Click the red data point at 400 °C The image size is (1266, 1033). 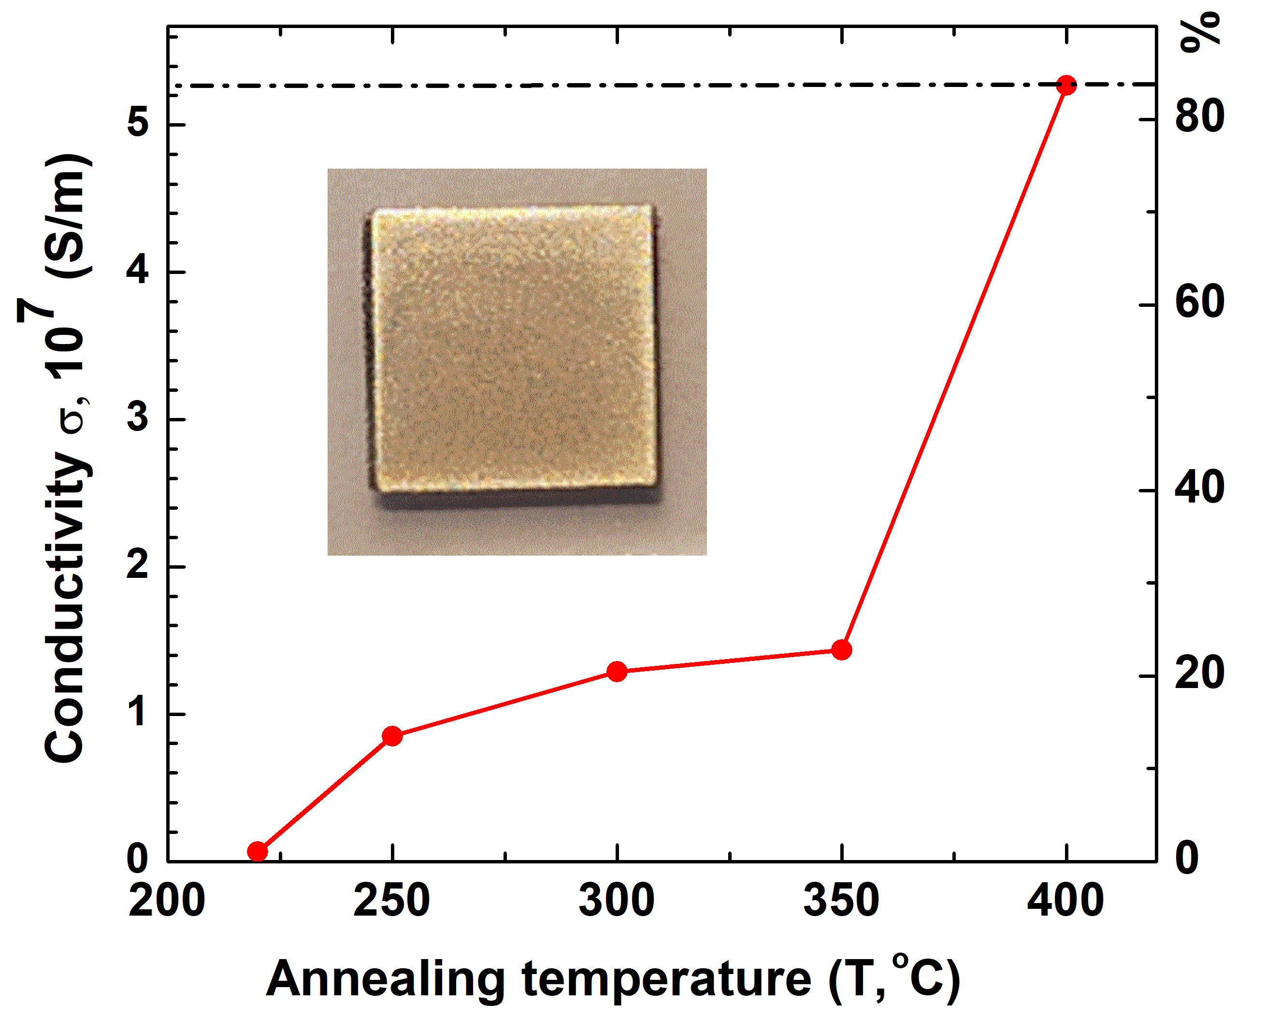pyautogui.click(x=1066, y=85)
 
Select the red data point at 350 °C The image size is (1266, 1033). pyautogui.click(x=842, y=650)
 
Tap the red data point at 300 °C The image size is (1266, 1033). pyautogui.click(x=617, y=671)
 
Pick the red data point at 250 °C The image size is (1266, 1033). pyautogui.click(x=392, y=736)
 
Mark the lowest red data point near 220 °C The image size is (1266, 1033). pyautogui.click(x=257, y=851)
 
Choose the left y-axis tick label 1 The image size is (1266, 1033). pyautogui.click(x=139, y=712)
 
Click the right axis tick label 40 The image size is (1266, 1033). pyautogui.click(x=1199, y=488)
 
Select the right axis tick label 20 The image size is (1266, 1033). pyautogui.click(x=1199, y=674)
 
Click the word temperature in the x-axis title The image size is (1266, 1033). pyautogui.click(x=667, y=979)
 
